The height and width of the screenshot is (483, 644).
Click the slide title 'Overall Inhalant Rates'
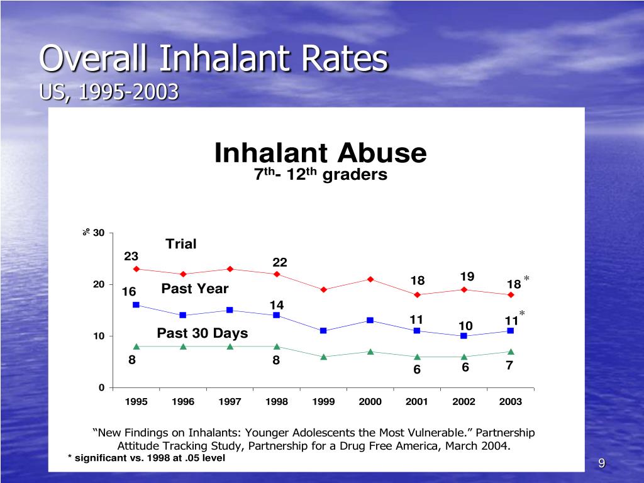[214, 60]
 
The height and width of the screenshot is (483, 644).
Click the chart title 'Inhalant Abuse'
[321, 153]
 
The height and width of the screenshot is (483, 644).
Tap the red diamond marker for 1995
[136, 269]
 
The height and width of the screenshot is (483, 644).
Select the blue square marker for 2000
[370, 320]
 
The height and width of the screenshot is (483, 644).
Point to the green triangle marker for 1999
[323, 357]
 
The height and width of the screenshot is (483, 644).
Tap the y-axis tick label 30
[98, 233]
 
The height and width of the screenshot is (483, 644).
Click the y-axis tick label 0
[101, 387]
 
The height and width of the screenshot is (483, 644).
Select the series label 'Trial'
[181, 244]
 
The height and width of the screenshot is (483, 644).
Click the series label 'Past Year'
[195, 289]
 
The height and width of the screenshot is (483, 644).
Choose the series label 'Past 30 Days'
[203, 333]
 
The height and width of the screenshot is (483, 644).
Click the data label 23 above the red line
[131, 256]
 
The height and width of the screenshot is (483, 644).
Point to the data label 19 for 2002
[467, 277]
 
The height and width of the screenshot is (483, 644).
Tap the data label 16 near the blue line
[129, 292]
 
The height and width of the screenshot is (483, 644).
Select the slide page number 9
[601, 464]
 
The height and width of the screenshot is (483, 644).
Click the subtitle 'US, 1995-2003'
[109, 92]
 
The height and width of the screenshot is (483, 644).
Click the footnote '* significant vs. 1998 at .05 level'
[146, 458]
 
